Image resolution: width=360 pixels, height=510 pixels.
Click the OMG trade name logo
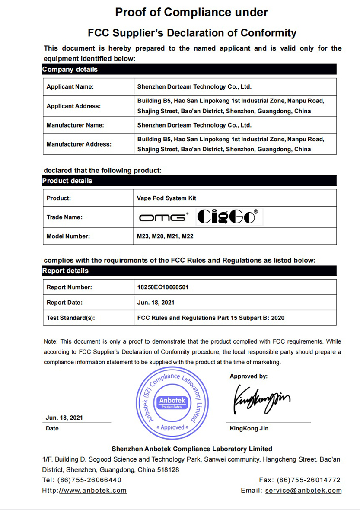coord(164,217)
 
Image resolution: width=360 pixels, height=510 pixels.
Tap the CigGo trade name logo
coord(227,217)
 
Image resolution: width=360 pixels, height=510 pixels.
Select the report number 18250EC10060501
coord(162,287)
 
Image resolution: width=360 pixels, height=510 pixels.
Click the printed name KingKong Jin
coord(249,428)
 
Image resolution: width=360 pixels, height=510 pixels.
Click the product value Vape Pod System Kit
coord(166,198)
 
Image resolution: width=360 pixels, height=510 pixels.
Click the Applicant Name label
coord(70,87)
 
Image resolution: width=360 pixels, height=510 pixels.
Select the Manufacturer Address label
coord(79,144)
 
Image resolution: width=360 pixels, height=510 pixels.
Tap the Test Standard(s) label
coord(70,318)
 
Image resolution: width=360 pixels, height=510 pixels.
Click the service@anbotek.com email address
coord(303,490)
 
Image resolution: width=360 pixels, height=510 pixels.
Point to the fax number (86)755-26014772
coord(309,480)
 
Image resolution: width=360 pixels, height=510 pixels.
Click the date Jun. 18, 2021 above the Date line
coord(64,418)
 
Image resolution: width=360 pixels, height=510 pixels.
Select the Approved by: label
coord(248,376)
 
